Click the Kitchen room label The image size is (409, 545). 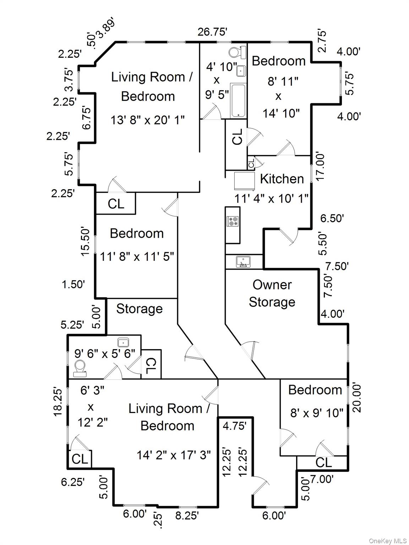282,179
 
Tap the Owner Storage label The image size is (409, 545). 272,293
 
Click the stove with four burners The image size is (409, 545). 233,221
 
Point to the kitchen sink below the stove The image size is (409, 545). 243,262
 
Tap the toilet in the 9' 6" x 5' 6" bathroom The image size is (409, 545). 80,368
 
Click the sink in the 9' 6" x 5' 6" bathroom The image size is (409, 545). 123,342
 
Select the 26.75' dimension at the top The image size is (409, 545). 212,32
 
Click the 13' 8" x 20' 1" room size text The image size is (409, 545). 148,120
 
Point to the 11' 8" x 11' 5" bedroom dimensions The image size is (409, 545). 137,256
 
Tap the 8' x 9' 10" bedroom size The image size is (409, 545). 317,413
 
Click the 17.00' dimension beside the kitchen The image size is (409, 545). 321,167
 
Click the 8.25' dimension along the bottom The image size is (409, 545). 187,515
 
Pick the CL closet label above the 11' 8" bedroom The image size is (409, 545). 116,204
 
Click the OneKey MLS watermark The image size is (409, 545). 388,540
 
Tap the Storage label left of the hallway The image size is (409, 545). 140,309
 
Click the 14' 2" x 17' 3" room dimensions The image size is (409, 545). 174,455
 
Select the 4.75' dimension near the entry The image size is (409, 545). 235,425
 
